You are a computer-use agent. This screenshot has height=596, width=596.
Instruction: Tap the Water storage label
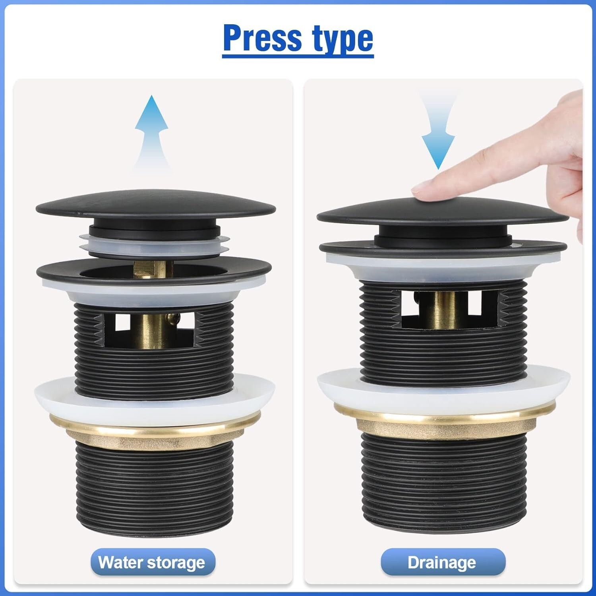point(153,563)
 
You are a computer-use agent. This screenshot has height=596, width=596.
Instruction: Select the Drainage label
point(443,563)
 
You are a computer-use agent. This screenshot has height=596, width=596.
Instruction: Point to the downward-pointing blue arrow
point(438,131)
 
